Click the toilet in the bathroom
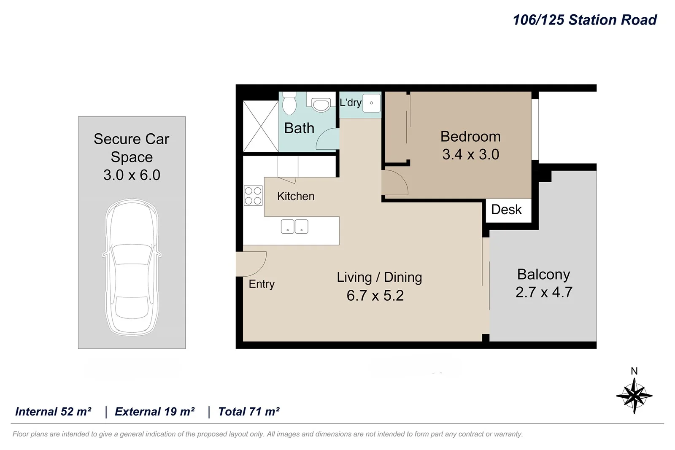tap(289, 104)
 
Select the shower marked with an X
tap(260, 126)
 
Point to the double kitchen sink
tap(294, 226)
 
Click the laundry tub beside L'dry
tap(371, 103)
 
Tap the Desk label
tap(506, 210)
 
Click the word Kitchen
tap(296, 196)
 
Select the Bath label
tap(299, 128)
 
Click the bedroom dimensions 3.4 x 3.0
tap(470, 154)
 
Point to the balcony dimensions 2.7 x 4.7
tap(544, 292)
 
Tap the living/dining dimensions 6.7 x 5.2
tap(375, 296)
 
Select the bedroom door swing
tap(396, 182)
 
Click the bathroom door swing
tap(327, 139)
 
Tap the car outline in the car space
tap(132, 267)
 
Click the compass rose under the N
tap(634, 396)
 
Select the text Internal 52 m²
tap(53, 412)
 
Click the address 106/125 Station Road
tap(584, 20)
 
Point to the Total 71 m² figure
tap(249, 412)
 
